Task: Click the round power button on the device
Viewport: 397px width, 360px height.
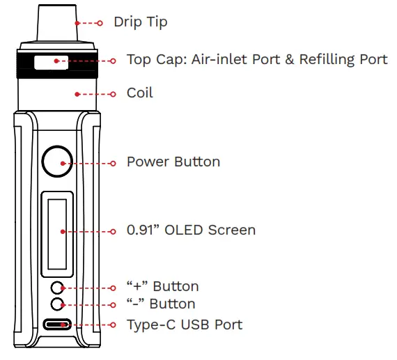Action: pos(56,162)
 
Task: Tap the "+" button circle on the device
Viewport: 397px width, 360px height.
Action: pos(59,287)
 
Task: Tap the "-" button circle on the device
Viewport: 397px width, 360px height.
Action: pos(59,304)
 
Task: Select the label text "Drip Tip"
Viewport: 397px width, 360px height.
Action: pos(140,22)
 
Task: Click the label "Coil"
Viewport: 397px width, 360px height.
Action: pos(139,93)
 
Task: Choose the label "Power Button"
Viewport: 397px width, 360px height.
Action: pos(173,162)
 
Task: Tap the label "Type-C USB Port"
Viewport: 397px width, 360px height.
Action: pos(184,324)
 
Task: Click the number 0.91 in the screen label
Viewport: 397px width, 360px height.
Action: pos(140,230)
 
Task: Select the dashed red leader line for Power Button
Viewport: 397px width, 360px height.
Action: pos(87,163)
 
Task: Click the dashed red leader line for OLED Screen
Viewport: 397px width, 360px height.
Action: pos(87,230)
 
